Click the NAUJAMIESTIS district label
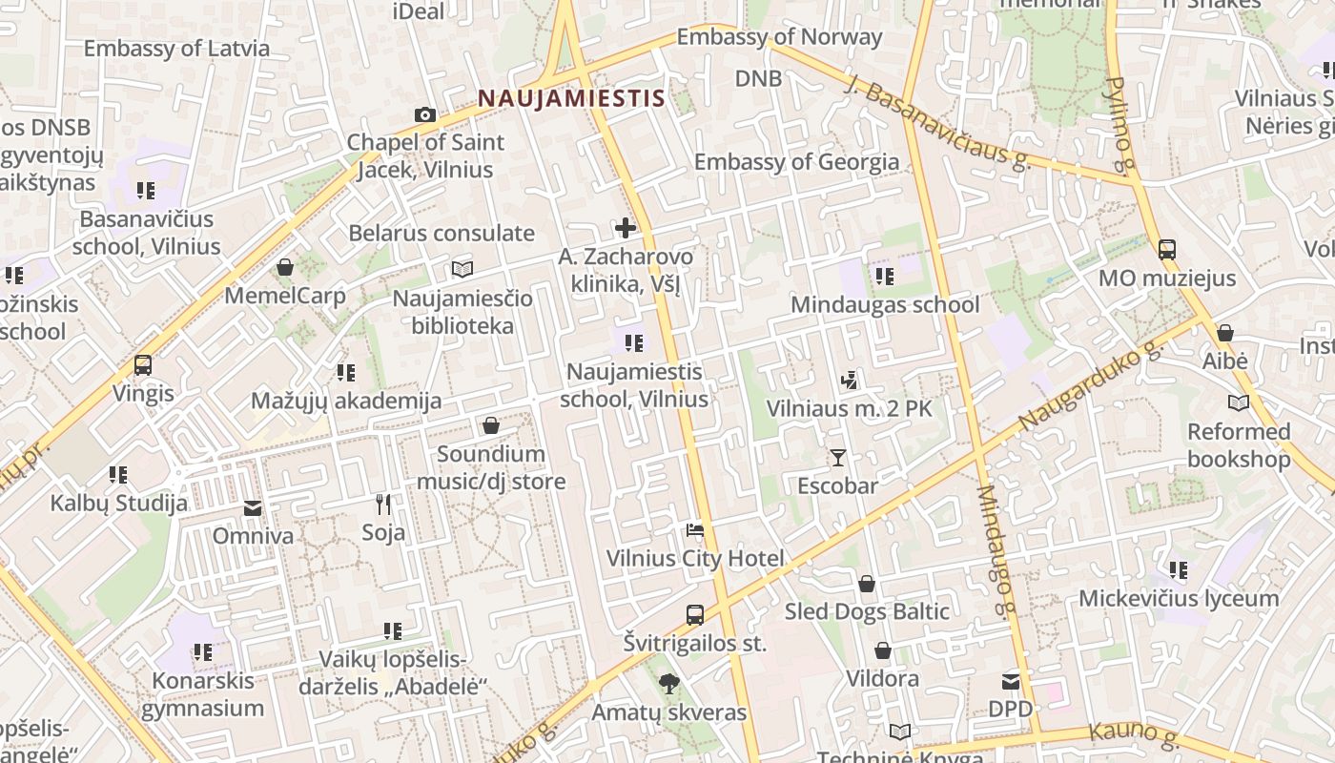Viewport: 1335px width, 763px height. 570,98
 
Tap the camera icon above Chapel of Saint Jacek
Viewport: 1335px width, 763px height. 425,115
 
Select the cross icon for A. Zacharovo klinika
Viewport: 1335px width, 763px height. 626,228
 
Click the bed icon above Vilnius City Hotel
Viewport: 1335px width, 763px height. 695,530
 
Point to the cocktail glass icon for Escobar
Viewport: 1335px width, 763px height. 837,458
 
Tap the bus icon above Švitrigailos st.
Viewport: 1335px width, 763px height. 695,615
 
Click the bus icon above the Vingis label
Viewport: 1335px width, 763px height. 143,365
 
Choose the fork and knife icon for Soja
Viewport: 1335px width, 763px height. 383,504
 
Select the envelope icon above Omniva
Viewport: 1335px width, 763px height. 253,508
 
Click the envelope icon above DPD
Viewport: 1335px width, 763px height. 1010,682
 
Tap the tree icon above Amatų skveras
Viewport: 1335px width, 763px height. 669,684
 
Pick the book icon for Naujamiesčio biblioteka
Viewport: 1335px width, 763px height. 462,270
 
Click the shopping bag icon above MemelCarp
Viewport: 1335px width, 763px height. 284,267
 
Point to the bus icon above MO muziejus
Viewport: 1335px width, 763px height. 1166,250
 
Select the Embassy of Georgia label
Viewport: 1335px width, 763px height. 796,162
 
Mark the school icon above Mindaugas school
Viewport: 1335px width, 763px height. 884,277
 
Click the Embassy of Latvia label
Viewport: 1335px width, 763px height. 176,48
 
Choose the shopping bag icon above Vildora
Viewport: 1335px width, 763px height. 883,651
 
